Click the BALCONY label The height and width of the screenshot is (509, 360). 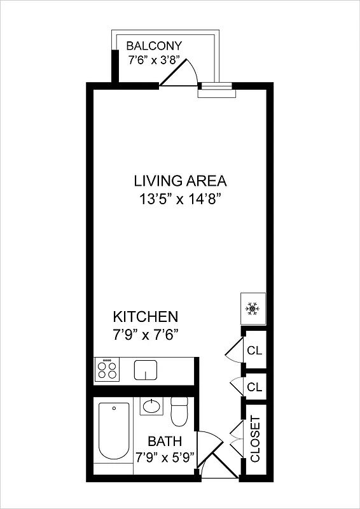154,46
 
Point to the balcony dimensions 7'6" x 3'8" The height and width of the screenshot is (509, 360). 154,60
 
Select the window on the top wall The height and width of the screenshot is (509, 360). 216,92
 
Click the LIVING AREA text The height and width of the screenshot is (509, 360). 180,180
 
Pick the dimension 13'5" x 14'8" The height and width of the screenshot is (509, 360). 180,199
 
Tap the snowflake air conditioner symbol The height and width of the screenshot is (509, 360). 253,309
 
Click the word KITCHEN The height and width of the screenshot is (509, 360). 145,317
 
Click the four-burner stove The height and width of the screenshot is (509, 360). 107,370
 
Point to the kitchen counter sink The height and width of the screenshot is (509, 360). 146,370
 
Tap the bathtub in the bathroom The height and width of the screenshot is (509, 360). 114,433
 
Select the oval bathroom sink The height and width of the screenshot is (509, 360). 152,406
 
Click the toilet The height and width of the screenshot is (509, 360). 180,412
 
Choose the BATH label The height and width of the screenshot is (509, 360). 165,441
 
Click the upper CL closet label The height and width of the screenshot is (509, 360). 254,351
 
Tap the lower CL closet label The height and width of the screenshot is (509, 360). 254,387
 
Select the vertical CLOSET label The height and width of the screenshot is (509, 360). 255,439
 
